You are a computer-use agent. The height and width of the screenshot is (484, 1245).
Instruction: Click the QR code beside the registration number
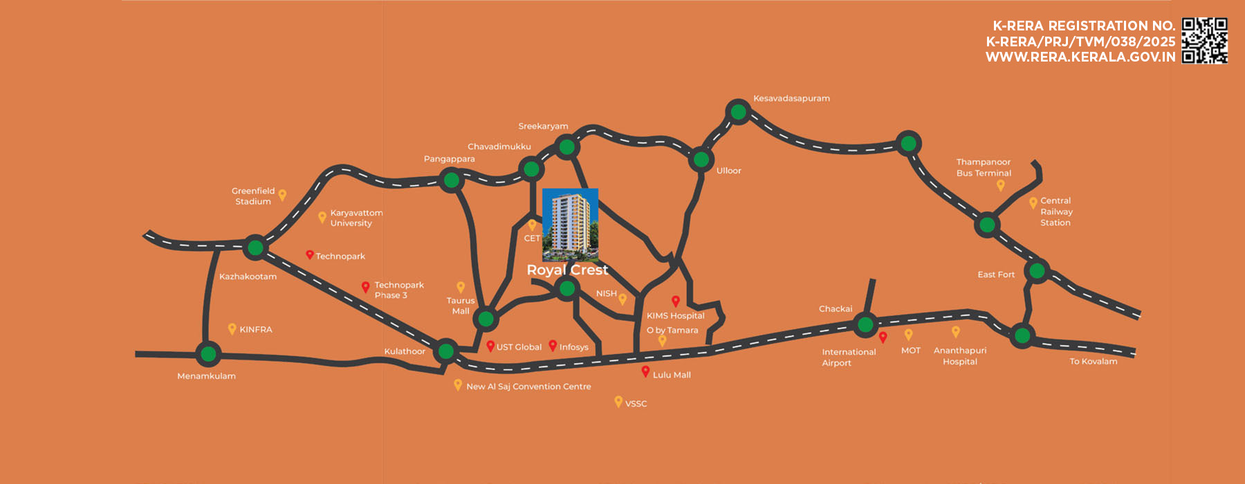(x=1204, y=41)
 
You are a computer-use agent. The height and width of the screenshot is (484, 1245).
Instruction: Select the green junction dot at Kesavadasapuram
(x=739, y=111)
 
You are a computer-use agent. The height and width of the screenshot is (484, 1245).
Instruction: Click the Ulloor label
(x=728, y=171)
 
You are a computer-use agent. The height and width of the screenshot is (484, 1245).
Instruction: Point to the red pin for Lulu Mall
(x=645, y=371)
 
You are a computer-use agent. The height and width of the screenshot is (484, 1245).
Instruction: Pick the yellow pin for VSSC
(x=618, y=401)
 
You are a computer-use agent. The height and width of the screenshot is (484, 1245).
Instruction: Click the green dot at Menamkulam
(x=207, y=355)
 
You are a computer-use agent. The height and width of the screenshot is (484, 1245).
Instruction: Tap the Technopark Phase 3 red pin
(x=366, y=287)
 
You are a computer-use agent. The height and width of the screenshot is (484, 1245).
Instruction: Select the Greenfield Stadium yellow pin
(x=282, y=195)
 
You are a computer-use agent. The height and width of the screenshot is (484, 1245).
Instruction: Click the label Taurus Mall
(x=461, y=306)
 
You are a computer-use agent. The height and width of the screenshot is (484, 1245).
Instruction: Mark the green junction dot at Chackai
(x=865, y=324)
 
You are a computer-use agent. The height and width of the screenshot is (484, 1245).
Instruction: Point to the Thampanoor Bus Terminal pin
(x=1000, y=185)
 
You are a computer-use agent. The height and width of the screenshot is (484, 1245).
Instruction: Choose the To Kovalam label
(x=1093, y=362)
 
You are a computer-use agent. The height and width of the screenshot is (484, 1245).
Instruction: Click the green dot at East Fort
(x=1037, y=270)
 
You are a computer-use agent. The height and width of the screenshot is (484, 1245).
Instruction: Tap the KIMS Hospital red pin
(x=676, y=301)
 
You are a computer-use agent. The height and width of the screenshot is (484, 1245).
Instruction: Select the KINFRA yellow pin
(x=232, y=329)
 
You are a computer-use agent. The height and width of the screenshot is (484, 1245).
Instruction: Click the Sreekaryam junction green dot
(x=566, y=147)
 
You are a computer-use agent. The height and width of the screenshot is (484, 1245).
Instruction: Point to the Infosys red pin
(x=553, y=345)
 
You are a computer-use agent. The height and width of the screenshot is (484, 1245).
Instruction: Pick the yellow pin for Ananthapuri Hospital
(x=956, y=332)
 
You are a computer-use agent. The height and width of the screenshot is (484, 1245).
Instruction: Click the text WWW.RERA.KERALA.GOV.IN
(x=1080, y=57)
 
